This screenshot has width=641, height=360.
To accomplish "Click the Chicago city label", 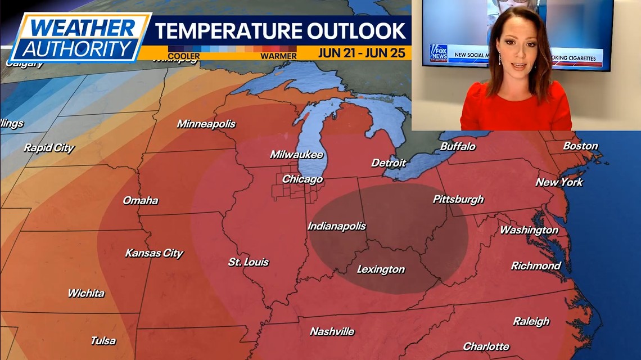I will [x=302, y=179].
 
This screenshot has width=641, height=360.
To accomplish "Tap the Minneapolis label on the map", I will [x=206, y=124].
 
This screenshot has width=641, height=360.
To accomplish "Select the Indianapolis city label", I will [x=336, y=226].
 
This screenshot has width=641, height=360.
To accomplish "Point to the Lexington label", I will [x=381, y=269].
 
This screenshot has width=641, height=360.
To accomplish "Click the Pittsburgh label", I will [x=458, y=199].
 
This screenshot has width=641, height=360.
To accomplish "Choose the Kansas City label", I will [x=154, y=253].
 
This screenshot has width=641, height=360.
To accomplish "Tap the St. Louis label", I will [x=248, y=262].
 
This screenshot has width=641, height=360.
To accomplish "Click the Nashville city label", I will [x=332, y=331].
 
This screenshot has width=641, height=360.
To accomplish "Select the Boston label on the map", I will [x=580, y=146].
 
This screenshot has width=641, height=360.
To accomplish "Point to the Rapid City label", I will [x=49, y=148].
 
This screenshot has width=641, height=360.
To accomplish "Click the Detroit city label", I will [x=388, y=163].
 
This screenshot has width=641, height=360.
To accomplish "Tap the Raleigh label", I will [x=531, y=321].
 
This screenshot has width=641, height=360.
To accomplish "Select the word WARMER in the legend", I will [x=278, y=56].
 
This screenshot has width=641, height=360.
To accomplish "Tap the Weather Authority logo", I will [x=79, y=37].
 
